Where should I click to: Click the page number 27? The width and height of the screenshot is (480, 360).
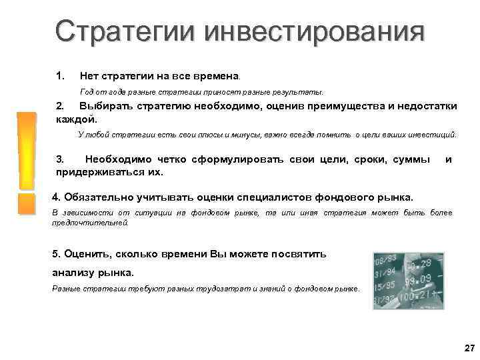click(x=468, y=349)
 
